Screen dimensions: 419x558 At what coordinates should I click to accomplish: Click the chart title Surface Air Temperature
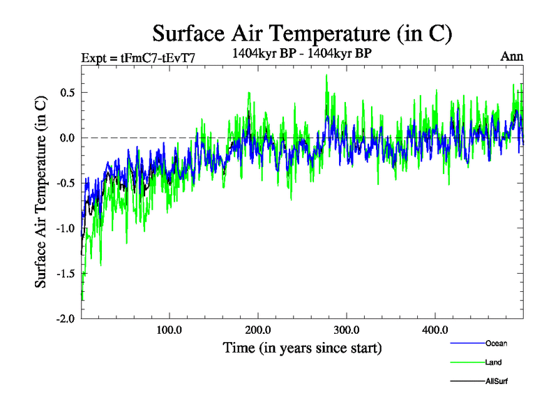tap(303, 33)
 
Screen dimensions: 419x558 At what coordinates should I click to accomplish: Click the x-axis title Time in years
tap(302, 348)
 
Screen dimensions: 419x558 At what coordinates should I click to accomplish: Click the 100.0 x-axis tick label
tap(169, 330)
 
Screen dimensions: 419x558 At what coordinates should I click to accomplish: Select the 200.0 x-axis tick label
tap(258, 330)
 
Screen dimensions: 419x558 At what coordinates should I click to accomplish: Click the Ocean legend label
tap(496, 343)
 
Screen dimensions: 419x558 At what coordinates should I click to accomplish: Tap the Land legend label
tap(493, 362)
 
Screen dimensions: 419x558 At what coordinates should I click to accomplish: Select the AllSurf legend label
tap(497, 381)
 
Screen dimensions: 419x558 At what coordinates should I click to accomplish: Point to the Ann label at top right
tap(511, 56)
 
